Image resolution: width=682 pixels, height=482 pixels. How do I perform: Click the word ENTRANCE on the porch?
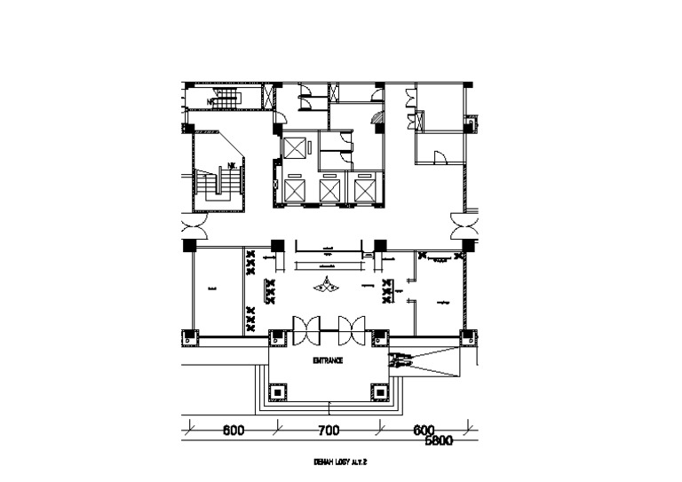tap(328, 361)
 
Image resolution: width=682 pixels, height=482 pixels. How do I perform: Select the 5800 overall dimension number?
tap(440, 440)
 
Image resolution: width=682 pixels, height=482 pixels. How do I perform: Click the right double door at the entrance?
tap(351, 329)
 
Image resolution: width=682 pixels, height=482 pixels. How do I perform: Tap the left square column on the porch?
tap(278, 391)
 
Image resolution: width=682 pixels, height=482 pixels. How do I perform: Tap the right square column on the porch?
tap(379, 391)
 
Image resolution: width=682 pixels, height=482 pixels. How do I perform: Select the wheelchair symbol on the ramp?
tap(400, 360)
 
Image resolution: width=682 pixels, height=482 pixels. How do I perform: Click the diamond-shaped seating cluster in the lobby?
tap(329, 284)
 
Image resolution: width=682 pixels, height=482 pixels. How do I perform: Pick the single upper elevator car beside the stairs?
tap(294, 146)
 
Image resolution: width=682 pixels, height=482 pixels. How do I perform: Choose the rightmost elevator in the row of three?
tap(365, 190)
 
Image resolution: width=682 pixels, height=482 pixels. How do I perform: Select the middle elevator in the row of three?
tap(329, 190)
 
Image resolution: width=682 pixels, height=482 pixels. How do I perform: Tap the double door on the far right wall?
tap(464, 227)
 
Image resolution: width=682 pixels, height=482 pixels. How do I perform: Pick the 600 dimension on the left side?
tap(233, 431)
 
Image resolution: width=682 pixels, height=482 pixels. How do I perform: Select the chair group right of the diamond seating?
tap(387, 289)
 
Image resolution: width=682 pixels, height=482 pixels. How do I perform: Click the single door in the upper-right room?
tap(438, 158)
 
